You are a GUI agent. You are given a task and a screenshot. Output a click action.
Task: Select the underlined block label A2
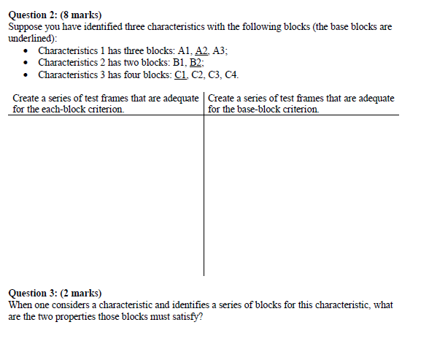pos(201,51)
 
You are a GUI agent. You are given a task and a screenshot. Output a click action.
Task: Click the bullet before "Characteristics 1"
pos(26,52)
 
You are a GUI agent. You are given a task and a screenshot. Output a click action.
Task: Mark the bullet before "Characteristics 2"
pos(26,64)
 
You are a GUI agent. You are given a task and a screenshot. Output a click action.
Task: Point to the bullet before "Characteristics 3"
pos(26,75)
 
